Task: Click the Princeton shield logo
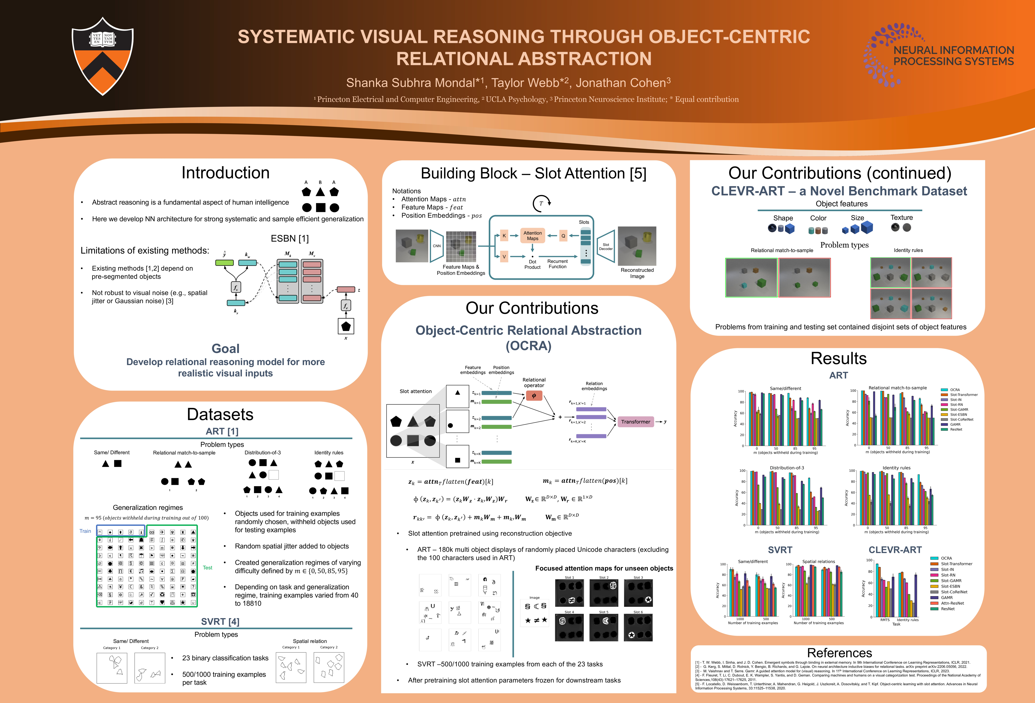tap(102, 56)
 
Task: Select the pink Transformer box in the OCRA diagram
tap(636, 422)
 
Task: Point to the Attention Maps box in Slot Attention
tap(533, 236)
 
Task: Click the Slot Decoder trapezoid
tap(606, 246)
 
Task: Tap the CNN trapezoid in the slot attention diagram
tap(437, 246)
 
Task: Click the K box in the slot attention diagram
tap(504, 236)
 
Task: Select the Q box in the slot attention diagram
tap(563, 236)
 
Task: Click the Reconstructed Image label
tap(637, 273)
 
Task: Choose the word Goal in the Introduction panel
tap(225, 349)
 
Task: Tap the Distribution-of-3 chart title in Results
tap(787, 468)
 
